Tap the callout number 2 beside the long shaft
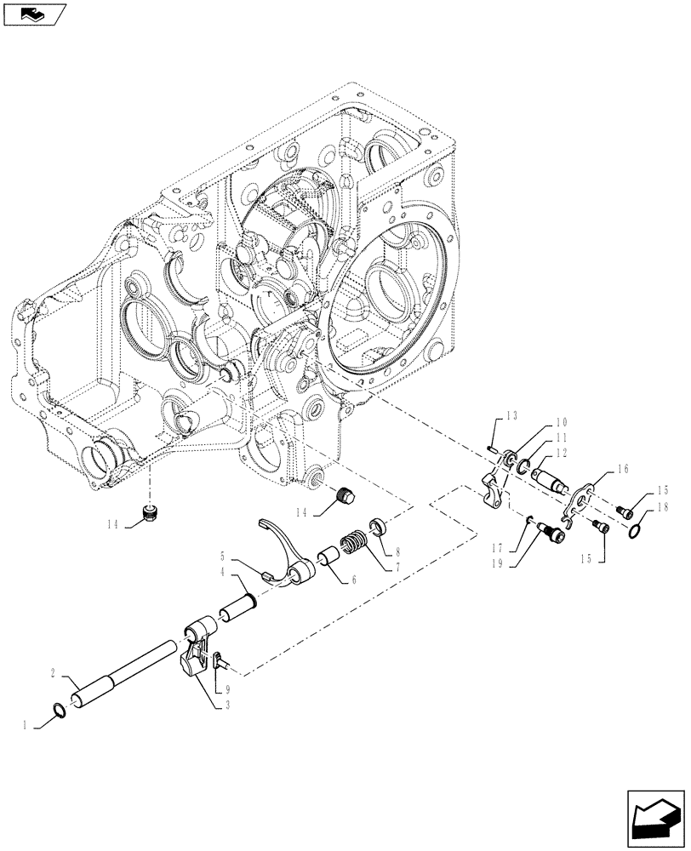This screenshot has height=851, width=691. (53, 672)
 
